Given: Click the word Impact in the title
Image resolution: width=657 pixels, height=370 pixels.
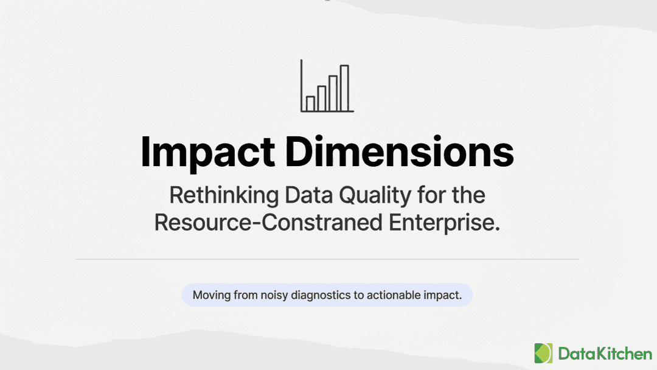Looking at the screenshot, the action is pyautogui.click(x=208, y=153).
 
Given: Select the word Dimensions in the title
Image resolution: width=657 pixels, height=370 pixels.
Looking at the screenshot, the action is pyautogui.click(x=400, y=152).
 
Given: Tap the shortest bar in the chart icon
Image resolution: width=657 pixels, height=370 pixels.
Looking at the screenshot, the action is pyautogui.click(x=310, y=103).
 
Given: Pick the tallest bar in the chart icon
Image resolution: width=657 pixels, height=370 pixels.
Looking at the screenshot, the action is pyautogui.click(x=344, y=88).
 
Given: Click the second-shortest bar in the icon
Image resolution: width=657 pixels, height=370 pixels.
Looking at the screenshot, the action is pyautogui.click(x=322, y=99).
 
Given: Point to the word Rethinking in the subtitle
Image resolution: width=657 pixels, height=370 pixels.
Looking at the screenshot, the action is pyautogui.click(x=224, y=195).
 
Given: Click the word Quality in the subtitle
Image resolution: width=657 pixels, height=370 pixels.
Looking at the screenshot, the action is pyautogui.click(x=375, y=196).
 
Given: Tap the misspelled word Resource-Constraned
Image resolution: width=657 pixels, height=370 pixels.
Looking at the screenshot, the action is pyautogui.click(x=269, y=223).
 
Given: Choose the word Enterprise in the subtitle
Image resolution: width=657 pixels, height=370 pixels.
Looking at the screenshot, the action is pyautogui.click(x=445, y=223).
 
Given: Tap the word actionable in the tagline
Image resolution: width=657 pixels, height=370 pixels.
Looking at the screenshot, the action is pyautogui.click(x=394, y=295).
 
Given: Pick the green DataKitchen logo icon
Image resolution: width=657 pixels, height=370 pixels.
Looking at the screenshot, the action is pyautogui.click(x=543, y=353).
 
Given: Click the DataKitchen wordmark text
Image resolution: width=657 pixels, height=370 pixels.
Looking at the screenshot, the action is pyautogui.click(x=605, y=354).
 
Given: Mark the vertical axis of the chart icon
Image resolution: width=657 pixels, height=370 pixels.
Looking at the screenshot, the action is pyautogui.click(x=301, y=85).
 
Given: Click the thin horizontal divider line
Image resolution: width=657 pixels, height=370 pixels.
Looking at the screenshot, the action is pyautogui.click(x=327, y=259).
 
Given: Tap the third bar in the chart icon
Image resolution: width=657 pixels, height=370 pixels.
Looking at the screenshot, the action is pyautogui.click(x=333, y=94).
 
